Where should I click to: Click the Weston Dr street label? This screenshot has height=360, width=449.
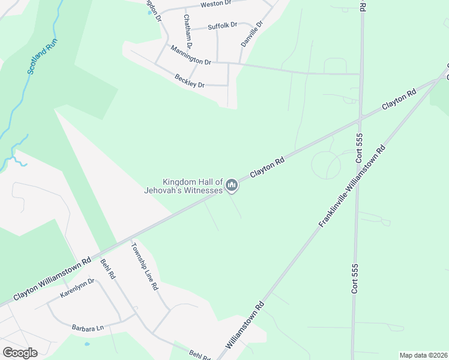coord(215,4)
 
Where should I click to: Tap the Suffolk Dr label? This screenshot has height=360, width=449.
coord(223,26)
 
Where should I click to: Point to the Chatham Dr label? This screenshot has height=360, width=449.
coord(188,31)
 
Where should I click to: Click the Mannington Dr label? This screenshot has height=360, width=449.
coord(190,55)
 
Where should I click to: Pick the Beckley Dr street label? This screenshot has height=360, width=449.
coord(190,80)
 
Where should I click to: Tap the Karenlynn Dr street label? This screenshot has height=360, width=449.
coord(77,289)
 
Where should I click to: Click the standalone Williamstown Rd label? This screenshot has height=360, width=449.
coord(246,326)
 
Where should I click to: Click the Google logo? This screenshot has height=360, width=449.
coord(20,353)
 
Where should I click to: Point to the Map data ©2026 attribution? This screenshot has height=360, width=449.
coord(423,355)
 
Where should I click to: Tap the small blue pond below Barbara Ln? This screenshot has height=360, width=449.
coord(88,344)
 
